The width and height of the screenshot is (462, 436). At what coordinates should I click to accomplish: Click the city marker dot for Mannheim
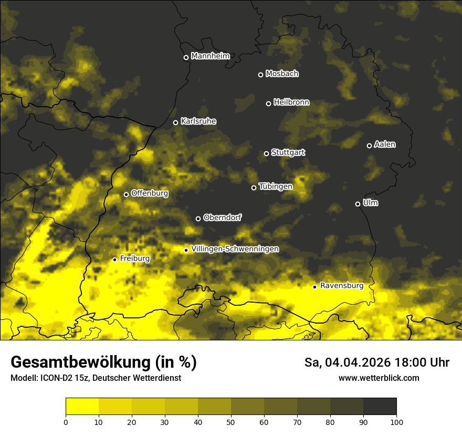pos(186,58)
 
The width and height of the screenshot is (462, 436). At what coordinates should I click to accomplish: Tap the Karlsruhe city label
pos(198,121)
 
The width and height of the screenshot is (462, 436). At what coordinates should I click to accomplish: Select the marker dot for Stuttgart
pos(266,153)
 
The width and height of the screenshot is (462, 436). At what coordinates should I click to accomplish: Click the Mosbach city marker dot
pos(260,75)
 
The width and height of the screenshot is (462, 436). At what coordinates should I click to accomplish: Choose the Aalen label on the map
pos(385,144)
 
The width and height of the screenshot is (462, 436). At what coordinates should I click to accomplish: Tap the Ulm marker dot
pos(358,204)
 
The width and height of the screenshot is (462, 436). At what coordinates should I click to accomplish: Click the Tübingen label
pos(276,186)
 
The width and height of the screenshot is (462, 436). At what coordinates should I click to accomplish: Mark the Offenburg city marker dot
pos(126,194)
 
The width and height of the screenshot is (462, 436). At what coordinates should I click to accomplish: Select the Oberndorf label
pos(223,217)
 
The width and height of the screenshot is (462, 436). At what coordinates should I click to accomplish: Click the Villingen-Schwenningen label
pos(235,249)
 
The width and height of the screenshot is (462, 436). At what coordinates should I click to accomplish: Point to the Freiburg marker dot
pos(114,259)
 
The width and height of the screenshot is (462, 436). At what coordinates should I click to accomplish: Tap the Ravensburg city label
pos(342,286)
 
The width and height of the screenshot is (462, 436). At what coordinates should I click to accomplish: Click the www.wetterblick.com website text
pos(379,378)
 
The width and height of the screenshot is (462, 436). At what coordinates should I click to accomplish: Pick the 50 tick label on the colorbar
pos(231,422)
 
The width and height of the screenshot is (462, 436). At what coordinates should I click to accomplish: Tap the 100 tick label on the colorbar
pos(396,422)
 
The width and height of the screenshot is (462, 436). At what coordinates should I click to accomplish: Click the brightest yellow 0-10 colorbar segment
pos(82,407)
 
